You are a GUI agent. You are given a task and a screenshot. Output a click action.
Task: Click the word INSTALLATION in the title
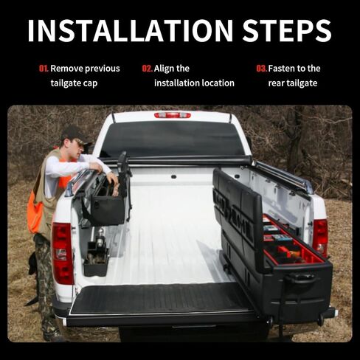coord(131,30)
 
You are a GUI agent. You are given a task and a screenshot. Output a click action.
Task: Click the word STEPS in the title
coord(287,30)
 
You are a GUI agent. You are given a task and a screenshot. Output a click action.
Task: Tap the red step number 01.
coord(44,69)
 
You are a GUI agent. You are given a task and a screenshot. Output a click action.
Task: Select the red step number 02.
coord(148,69)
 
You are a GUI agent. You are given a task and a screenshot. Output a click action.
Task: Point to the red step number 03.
coord(262,69)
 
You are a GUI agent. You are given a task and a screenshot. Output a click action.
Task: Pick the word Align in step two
coord(164,69)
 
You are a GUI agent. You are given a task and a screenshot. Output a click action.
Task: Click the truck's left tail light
coord(62,253)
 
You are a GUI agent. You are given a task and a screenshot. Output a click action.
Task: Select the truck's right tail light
coord(320,238)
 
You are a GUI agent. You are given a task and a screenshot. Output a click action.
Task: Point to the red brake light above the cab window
coord(173,115)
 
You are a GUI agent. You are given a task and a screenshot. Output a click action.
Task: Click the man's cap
coord(75,135)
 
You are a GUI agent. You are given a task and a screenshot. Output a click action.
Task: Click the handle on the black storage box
coord(302,279)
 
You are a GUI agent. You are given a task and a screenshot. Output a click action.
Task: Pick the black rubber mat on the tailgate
coord(160,298)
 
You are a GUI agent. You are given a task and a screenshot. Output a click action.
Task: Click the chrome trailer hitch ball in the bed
coord(100,232)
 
